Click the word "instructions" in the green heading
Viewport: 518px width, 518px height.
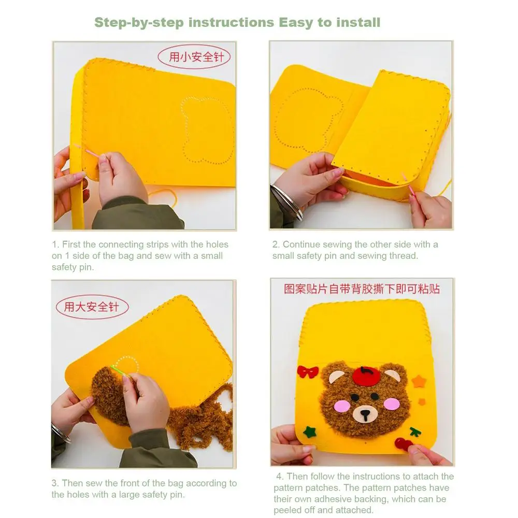coord(231,22)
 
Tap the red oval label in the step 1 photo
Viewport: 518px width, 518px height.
coord(194,57)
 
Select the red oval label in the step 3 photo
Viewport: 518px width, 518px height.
coord(92,307)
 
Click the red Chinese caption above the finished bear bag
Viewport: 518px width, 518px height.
coord(362,289)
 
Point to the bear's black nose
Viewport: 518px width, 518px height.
coord(365,413)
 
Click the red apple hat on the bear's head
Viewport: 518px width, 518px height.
coord(366,375)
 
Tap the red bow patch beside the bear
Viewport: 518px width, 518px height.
coord(308,372)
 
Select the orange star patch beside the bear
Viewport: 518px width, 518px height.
coord(419,381)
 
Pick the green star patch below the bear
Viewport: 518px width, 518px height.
coord(310,431)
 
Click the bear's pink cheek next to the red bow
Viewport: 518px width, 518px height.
coord(342,406)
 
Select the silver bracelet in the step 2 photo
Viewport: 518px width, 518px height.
coord(287,202)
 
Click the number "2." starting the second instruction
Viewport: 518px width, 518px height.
coord(276,244)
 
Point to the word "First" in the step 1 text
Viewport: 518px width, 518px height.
coord(71,244)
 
